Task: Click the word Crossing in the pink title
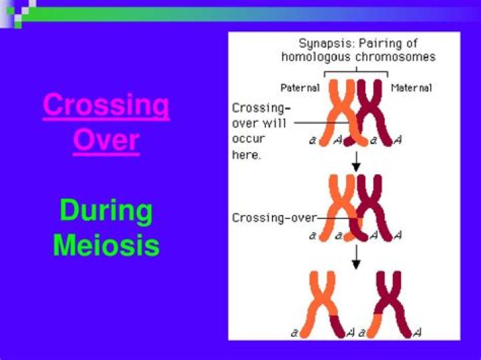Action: [x=106, y=106]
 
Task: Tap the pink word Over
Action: [x=106, y=140]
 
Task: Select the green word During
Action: [x=106, y=211]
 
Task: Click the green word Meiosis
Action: [x=106, y=245]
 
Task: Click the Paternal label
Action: [x=300, y=87]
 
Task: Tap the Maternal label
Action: [x=411, y=87]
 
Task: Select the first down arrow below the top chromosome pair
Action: [x=356, y=160]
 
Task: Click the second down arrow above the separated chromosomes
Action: [x=356, y=256]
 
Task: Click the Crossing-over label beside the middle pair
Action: [x=274, y=218]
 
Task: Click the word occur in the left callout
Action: [x=249, y=139]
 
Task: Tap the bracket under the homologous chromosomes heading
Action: [x=355, y=72]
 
